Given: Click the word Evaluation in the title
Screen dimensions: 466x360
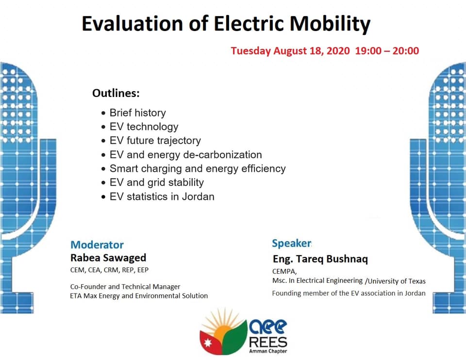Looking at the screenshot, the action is click(x=132, y=23).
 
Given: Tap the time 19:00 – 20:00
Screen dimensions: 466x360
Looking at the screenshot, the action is click(x=387, y=51).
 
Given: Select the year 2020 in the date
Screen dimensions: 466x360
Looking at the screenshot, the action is click(x=338, y=51).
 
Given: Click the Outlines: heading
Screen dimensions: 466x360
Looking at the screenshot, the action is click(x=116, y=93).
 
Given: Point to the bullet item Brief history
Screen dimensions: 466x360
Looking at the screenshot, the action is click(x=137, y=113).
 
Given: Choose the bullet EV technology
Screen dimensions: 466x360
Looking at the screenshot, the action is click(x=144, y=127).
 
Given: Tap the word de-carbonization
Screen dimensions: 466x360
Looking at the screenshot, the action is click(x=223, y=155).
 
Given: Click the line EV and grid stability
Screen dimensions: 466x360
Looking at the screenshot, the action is click(x=157, y=183).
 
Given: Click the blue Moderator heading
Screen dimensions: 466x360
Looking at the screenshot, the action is click(x=97, y=245).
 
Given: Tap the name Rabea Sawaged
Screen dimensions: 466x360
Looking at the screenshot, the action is click(x=108, y=258).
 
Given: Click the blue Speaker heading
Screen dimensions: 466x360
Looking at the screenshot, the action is click(x=292, y=243).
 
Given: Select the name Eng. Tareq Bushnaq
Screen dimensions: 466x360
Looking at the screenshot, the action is click(x=320, y=259).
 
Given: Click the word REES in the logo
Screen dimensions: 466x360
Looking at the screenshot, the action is click(x=268, y=342).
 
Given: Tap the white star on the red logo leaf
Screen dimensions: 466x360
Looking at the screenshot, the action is click(x=208, y=343).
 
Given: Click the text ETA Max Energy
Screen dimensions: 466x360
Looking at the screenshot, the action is click(x=95, y=296).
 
